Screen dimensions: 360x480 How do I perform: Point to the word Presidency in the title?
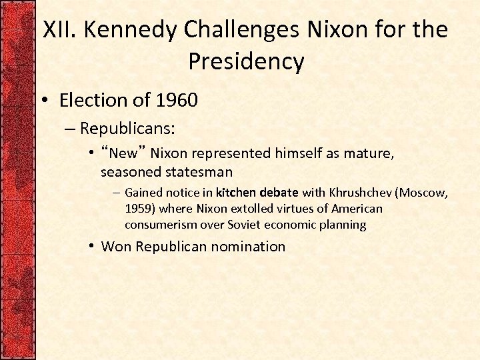(246, 61)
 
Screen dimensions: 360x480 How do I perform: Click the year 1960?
(176, 101)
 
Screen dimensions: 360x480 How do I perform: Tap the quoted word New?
(124, 154)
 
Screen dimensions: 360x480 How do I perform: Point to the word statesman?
(200, 172)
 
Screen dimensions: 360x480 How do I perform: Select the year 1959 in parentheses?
(139, 209)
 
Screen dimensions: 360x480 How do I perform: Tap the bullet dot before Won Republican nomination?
(90, 247)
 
